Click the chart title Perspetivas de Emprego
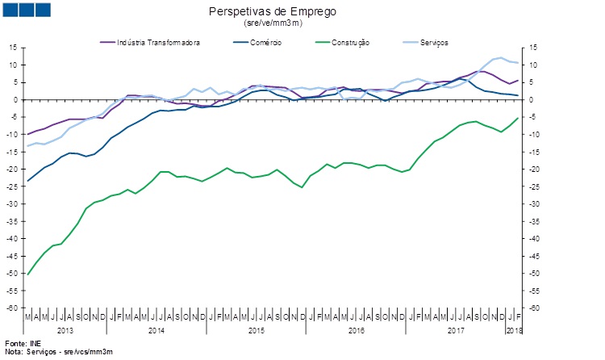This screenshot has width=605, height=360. [272, 11]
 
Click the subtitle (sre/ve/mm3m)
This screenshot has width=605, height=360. [272, 23]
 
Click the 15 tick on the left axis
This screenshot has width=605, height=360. [13, 48]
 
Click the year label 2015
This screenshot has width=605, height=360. [257, 331]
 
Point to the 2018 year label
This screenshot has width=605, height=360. [514, 331]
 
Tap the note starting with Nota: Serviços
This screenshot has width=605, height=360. [58, 353]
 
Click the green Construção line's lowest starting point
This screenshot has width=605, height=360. [28, 274]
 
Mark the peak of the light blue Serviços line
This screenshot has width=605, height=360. [501, 57]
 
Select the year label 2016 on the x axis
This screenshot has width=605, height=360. [356, 331]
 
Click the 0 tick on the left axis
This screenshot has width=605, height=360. [16, 100]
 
